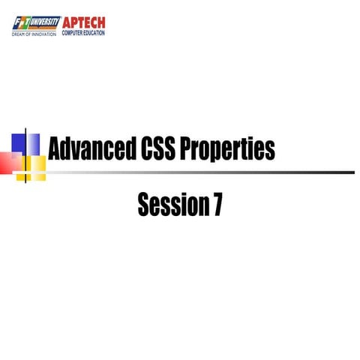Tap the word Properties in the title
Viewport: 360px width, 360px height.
(x=233, y=149)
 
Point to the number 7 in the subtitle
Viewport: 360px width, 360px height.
(x=216, y=204)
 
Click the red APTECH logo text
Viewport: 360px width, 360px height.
(x=84, y=22)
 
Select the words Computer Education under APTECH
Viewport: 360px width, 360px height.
(x=83, y=33)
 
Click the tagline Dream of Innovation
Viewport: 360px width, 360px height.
(x=34, y=34)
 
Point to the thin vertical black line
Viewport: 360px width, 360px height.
(x=27, y=154)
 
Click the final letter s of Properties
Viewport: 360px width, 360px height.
(x=270, y=151)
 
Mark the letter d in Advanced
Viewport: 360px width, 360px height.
(x=67, y=149)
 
